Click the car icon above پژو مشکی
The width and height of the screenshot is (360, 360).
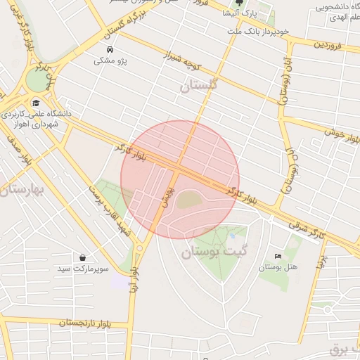[x=110, y=50]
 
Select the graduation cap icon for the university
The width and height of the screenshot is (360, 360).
[x=35, y=103]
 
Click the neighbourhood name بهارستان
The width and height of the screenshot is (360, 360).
[x=23, y=191]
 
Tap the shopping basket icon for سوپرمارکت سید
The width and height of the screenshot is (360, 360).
[x=83, y=258]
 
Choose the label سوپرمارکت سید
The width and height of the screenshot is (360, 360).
[x=83, y=269]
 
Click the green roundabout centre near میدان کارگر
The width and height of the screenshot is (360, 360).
[x=37, y=82]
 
